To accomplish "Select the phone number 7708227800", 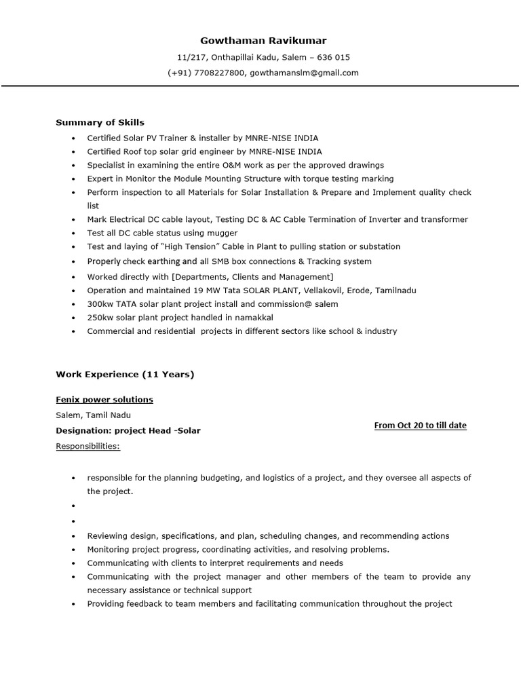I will click(220, 73).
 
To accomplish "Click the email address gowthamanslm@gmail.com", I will click(304, 73).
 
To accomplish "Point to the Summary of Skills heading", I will click(100, 122).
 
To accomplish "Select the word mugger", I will click(223, 233).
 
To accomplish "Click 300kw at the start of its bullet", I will click(99, 304).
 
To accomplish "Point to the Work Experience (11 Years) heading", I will click(125, 374).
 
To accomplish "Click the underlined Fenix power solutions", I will click(104, 399).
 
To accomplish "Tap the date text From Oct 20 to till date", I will click(420, 426).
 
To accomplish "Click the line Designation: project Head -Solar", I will click(128, 430).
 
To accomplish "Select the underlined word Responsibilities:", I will click(88, 446).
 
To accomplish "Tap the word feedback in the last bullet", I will click(142, 603).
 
